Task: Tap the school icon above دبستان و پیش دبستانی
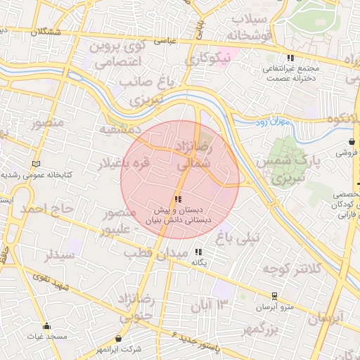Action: [x=176, y=200]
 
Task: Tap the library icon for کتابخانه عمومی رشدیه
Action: [x=37, y=164]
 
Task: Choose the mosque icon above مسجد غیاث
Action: [x=46, y=326]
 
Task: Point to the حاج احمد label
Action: [x=46, y=209]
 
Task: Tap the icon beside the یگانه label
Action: [x=198, y=252]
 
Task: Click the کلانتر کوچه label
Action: [x=292, y=269]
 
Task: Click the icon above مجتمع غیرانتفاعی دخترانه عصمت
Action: [x=288, y=58]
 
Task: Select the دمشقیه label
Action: [x=120, y=130]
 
